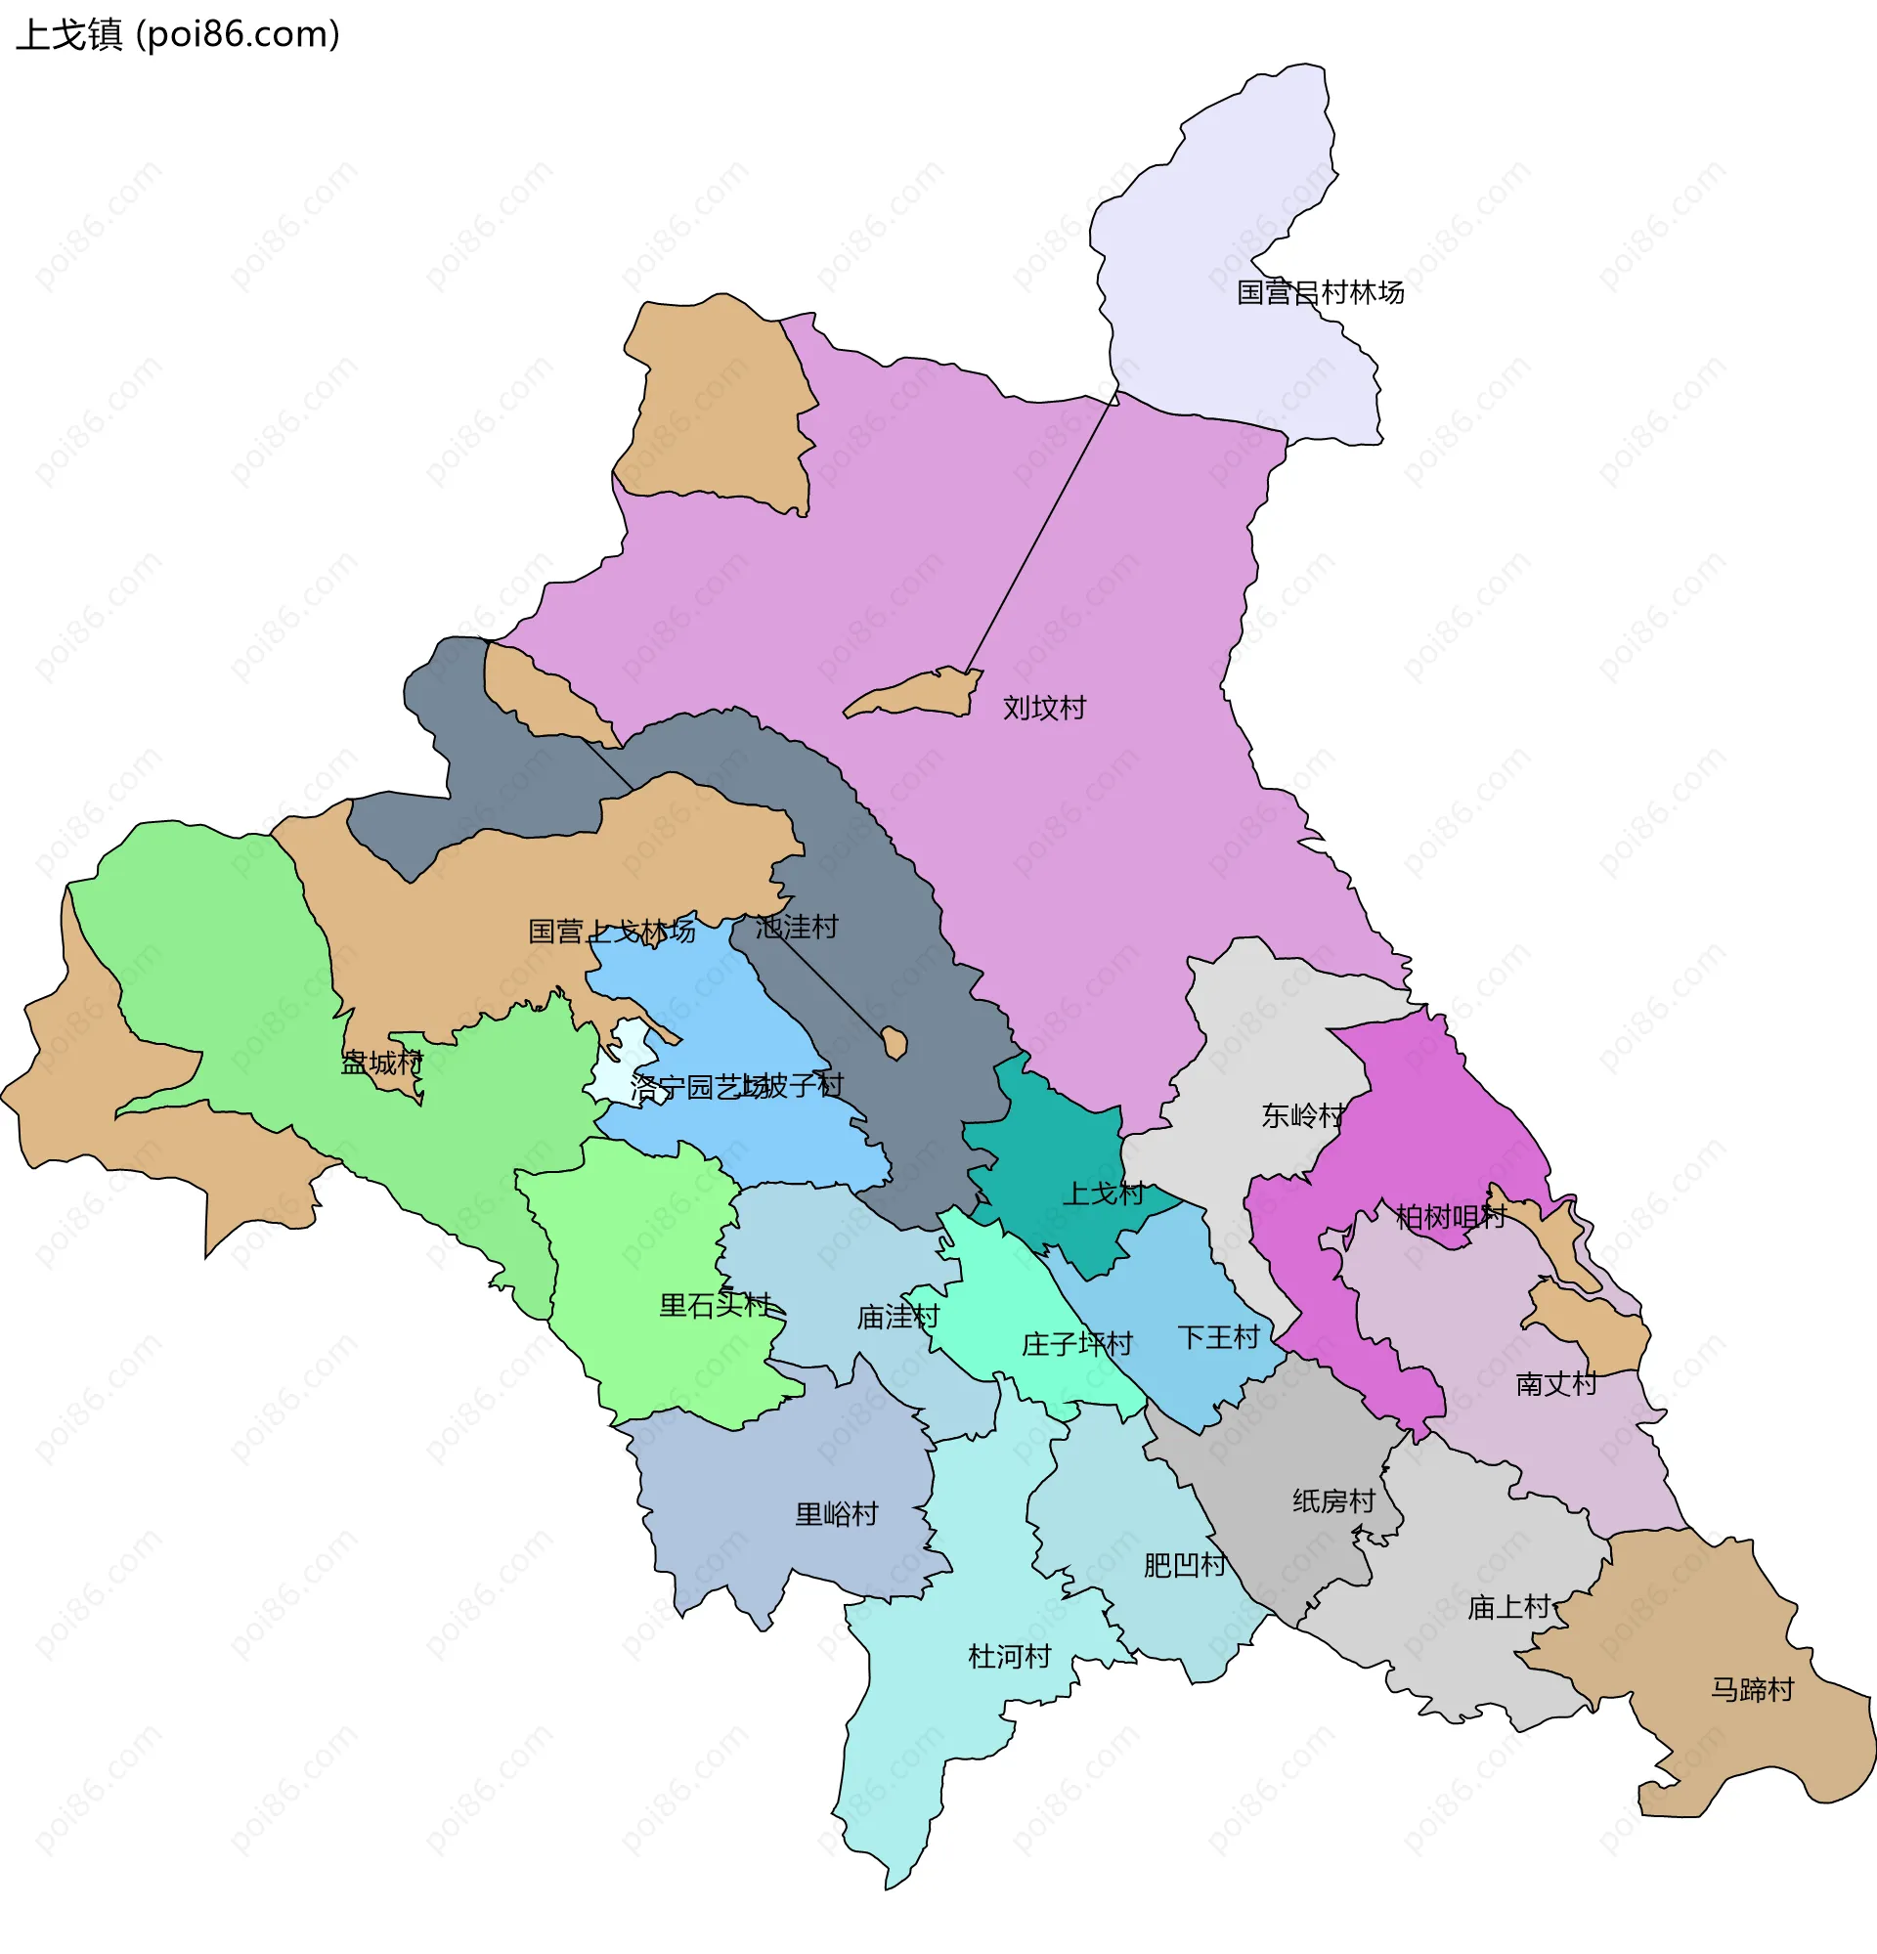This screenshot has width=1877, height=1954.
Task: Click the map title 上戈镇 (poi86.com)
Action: click(x=177, y=35)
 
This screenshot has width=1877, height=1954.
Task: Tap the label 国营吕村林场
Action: click(x=1320, y=292)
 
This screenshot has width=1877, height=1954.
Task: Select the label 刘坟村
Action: click(x=1044, y=708)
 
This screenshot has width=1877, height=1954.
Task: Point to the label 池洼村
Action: click(x=796, y=928)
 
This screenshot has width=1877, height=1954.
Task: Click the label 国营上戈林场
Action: click(x=611, y=932)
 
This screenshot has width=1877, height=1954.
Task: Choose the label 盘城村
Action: click(x=382, y=1063)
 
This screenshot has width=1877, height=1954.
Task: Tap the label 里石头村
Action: click(x=715, y=1305)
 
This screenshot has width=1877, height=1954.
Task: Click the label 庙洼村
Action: click(x=898, y=1317)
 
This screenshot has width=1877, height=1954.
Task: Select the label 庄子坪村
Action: click(x=1076, y=1344)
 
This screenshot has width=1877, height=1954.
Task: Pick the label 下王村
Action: click(x=1218, y=1337)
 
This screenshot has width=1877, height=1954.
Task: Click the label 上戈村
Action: click(x=1103, y=1194)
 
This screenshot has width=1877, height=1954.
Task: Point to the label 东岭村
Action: click(x=1303, y=1114)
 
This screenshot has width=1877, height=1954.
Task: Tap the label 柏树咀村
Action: click(x=1450, y=1216)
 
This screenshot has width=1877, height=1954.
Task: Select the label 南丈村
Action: click(x=1556, y=1384)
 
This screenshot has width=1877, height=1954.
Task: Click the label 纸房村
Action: click(x=1332, y=1500)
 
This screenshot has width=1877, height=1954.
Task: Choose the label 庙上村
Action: click(x=1508, y=1606)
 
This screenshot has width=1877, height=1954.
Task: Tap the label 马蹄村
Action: click(x=1752, y=1689)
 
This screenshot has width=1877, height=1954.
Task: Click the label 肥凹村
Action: click(x=1184, y=1564)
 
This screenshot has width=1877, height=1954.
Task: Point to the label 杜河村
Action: click(x=1009, y=1656)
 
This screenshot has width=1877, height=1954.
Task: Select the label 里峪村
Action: click(x=835, y=1514)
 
